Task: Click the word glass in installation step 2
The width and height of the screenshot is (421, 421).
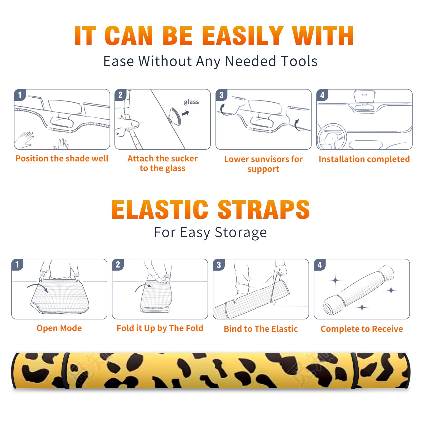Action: pyautogui.click(x=191, y=102)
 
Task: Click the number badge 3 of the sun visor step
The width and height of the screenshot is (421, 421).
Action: pyautogui.click(x=221, y=95)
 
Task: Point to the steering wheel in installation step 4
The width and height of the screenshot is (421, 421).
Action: pyautogui.click(x=332, y=137)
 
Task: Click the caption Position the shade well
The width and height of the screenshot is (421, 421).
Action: pyautogui.click(x=62, y=158)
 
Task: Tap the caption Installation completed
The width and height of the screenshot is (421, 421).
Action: pyautogui.click(x=364, y=159)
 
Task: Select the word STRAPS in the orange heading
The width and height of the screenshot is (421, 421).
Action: pyautogui.click(x=264, y=209)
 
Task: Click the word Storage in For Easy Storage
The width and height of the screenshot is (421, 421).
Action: pyautogui.click(x=241, y=233)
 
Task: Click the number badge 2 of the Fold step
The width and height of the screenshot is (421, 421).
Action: pyautogui.click(x=118, y=264)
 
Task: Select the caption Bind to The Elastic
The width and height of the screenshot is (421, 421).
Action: pyautogui.click(x=261, y=329)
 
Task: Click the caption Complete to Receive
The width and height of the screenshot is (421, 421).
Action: pyautogui.click(x=362, y=329)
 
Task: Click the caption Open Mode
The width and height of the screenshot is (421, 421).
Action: pyautogui.click(x=59, y=328)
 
